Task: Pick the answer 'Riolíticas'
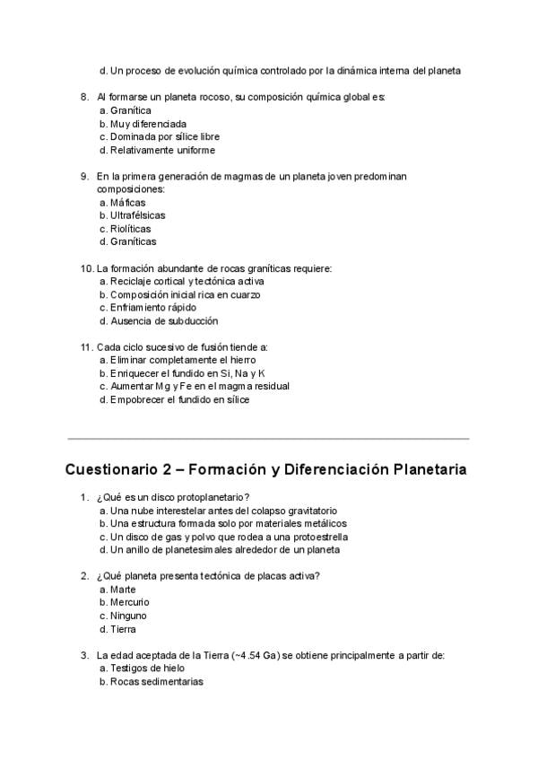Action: [131, 229]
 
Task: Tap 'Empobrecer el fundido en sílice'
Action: [179, 400]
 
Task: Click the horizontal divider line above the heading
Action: [268, 439]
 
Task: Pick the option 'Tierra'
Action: [124, 629]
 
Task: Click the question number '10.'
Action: [87, 268]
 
